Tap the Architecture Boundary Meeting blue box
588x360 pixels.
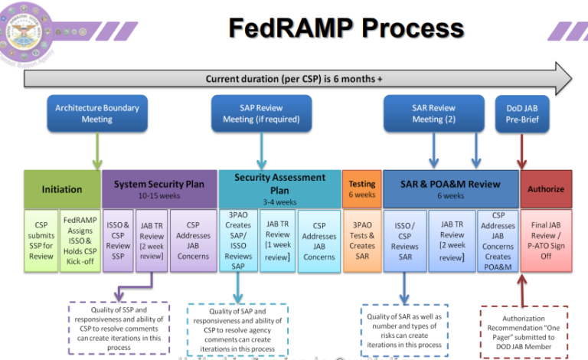(x=97, y=113)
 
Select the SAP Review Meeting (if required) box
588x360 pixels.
(x=261, y=113)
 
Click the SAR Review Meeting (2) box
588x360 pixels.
(x=433, y=113)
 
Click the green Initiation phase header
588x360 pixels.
(x=62, y=188)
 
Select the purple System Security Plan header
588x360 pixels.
(x=159, y=188)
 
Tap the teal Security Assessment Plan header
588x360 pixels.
(x=279, y=188)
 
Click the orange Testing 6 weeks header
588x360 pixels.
(x=362, y=188)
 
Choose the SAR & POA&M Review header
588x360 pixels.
(x=450, y=188)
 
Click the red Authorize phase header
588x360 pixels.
(x=546, y=188)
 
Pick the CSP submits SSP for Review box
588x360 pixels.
(x=41, y=241)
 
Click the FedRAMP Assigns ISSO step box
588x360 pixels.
(x=80, y=241)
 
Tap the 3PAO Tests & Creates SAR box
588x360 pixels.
(x=362, y=241)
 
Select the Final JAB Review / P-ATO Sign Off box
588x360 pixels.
(x=546, y=241)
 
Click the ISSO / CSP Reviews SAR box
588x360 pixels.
(x=405, y=241)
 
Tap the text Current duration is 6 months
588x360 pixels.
(x=294, y=79)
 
